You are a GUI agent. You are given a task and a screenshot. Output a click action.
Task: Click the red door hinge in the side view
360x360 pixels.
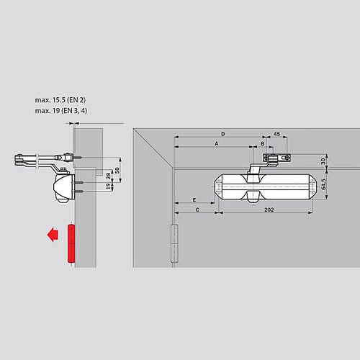(71, 244)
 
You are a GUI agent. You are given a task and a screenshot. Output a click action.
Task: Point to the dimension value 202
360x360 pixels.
(268, 210)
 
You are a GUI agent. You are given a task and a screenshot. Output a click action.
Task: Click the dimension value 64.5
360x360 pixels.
(324, 185)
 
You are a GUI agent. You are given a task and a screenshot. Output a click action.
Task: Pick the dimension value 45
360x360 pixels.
(276, 134)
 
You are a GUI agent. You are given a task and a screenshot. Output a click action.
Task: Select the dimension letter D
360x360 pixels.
(222, 134)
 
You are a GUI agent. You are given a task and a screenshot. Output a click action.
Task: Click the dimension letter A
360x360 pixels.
(217, 143)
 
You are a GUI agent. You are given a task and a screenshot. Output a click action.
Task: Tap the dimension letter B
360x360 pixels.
(263, 143)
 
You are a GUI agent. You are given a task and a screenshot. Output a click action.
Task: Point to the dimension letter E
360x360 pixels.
(194, 199)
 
